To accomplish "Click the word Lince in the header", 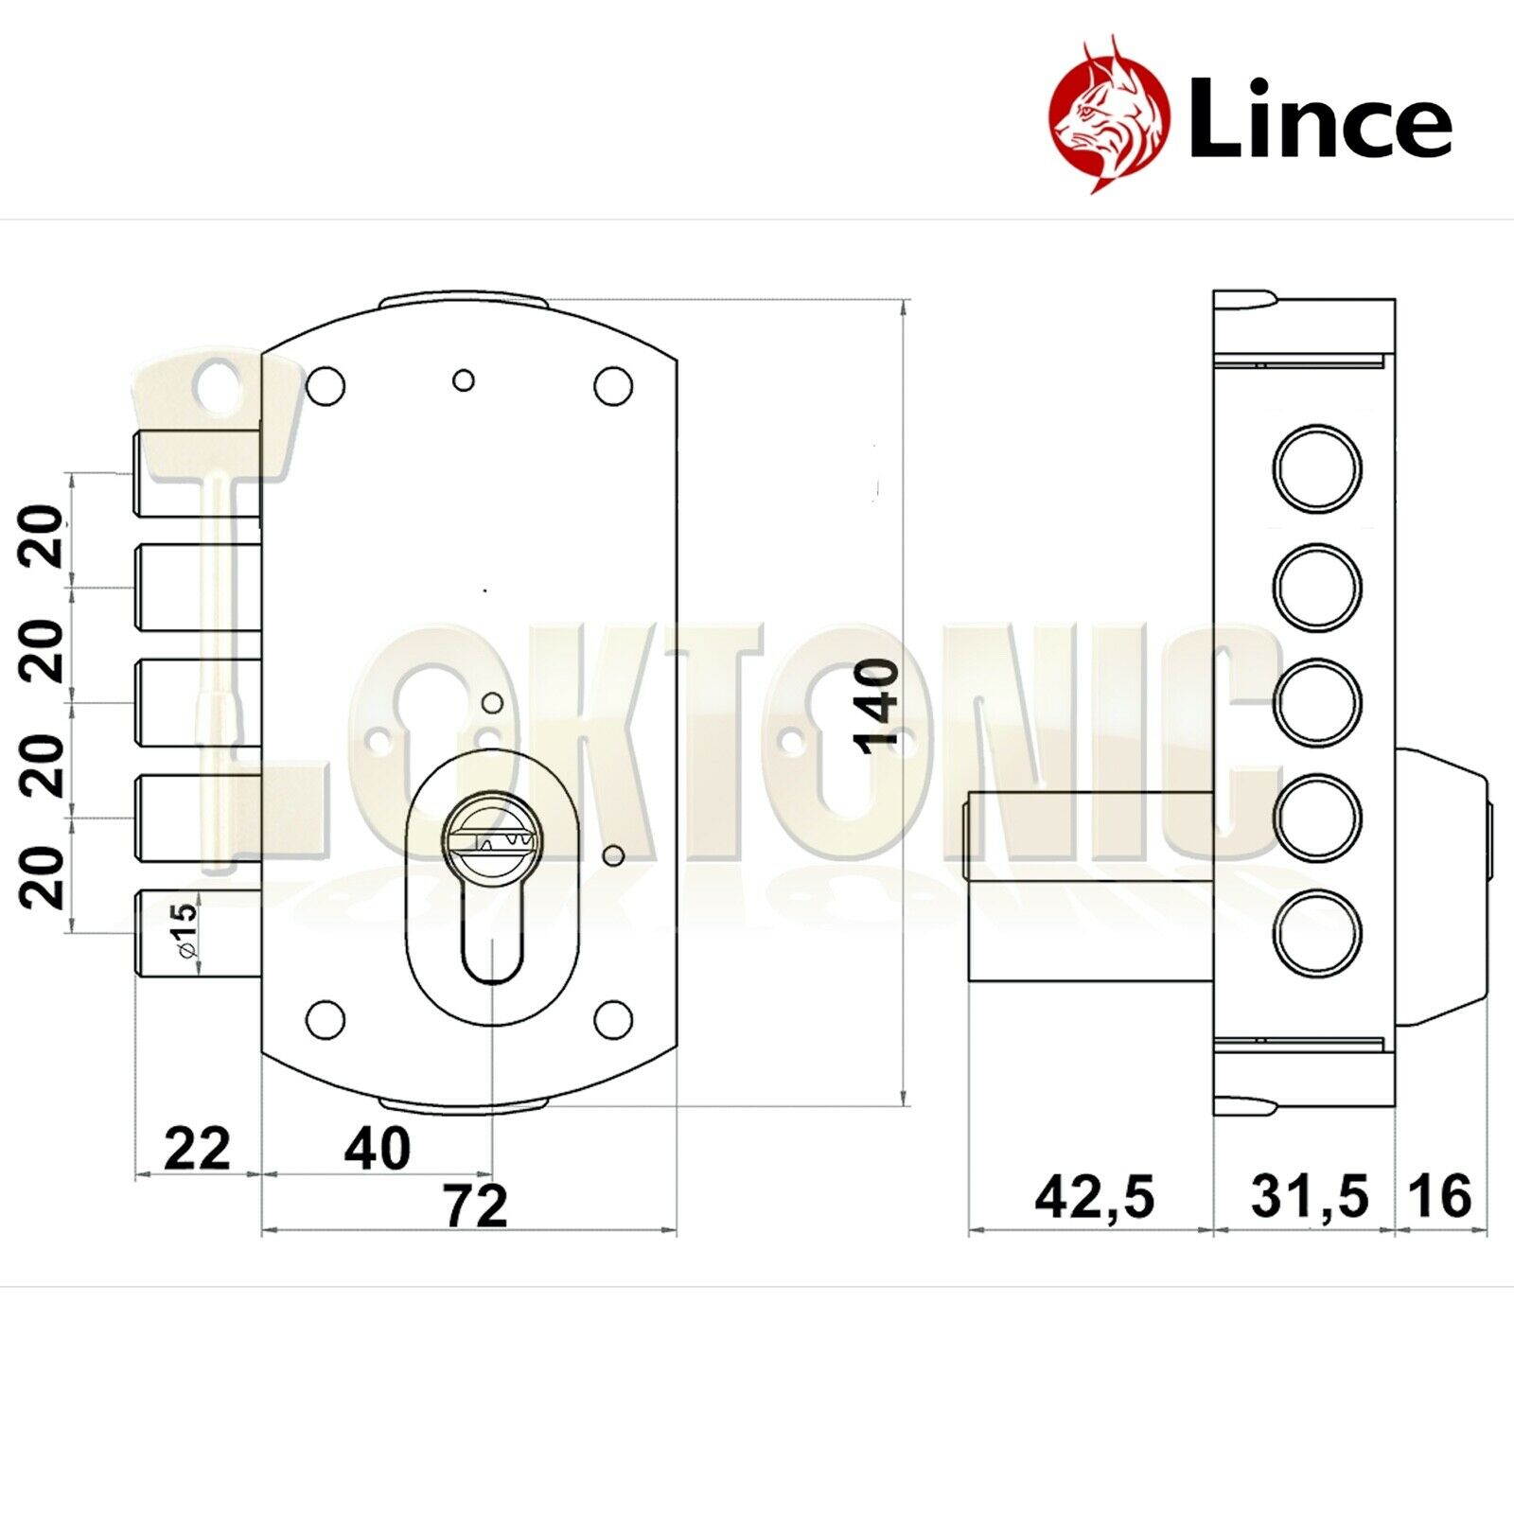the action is [x=1320, y=117].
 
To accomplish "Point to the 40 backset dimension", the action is [x=378, y=1148].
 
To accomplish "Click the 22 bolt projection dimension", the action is [x=197, y=1149].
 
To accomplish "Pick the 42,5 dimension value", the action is [x=1095, y=1197].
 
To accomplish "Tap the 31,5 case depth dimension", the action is [x=1310, y=1196].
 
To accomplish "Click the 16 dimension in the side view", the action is [x=1440, y=1196].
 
